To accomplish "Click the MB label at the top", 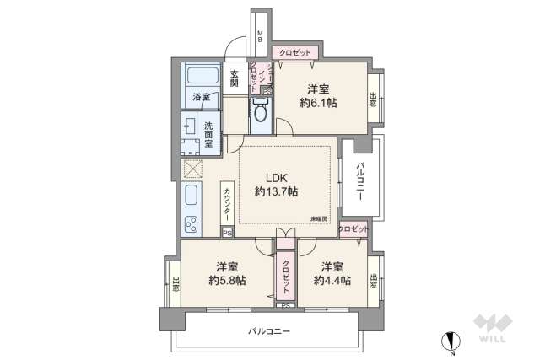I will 261,37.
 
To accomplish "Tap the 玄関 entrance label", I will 234,78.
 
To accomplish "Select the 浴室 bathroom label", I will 200,97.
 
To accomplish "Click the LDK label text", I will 278,177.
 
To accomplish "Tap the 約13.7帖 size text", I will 278,192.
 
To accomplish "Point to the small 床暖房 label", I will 318,219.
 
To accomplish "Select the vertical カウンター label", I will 227,203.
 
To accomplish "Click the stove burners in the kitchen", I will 192,225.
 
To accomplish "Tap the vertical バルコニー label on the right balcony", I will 359,178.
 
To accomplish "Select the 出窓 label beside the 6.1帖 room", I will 373,99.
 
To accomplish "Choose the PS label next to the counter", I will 225,234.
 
